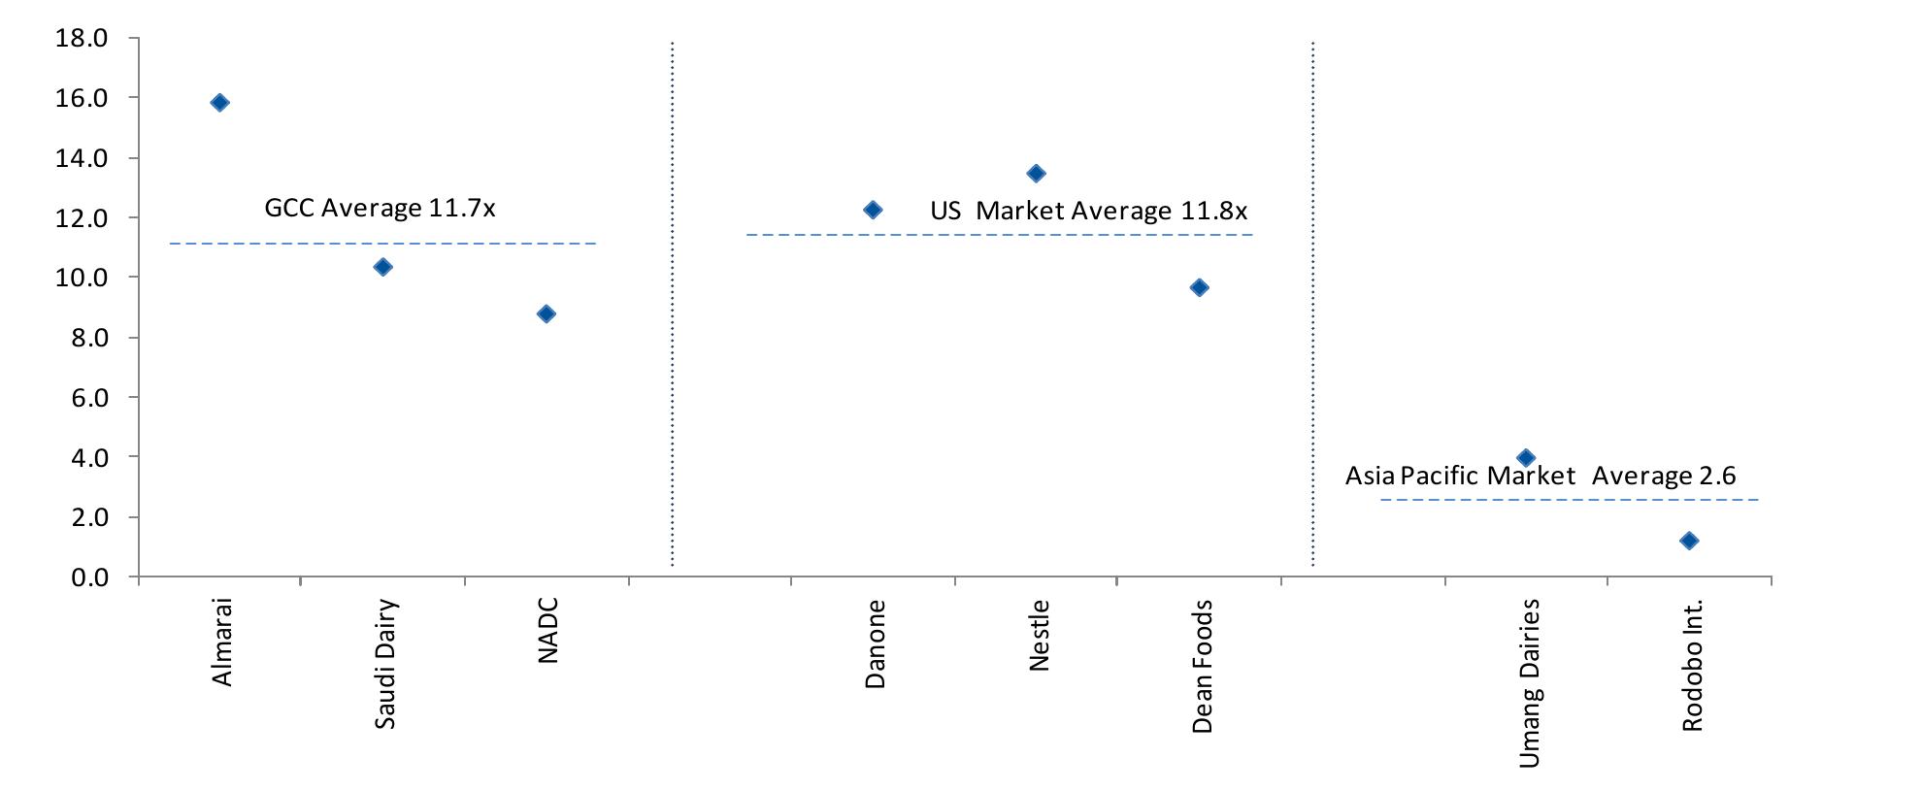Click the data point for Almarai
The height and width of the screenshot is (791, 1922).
(x=219, y=103)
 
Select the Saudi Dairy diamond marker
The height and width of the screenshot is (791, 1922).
(x=383, y=267)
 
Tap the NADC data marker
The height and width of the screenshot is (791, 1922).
(x=547, y=313)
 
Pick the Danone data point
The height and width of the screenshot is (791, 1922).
(x=873, y=210)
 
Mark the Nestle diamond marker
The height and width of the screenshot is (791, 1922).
(x=1036, y=174)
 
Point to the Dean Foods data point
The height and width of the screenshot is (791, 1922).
(x=1200, y=287)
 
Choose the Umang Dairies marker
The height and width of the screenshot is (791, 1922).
(x=1526, y=458)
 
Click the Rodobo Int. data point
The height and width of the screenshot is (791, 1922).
(x=1689, y=541)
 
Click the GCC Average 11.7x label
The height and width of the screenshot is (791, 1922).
(x=380, y=208)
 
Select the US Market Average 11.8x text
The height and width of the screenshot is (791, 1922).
(x=1088, y=211)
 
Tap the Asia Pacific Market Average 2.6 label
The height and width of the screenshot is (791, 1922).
(x=1540, y=476)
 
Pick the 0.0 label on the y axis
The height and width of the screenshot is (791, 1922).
(x=89, y=577)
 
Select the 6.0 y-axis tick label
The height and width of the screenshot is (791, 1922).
(x=89, y=398)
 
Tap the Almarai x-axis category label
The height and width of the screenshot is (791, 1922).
(x=222, y=642)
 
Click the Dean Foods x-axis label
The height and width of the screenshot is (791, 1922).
(x=1202, y=666)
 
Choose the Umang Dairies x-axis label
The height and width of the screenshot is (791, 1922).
(x=1529, y=683)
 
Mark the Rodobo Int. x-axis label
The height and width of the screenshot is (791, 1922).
(x=1692, y=665)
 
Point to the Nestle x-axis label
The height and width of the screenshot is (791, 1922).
(x=1039, y=636)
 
